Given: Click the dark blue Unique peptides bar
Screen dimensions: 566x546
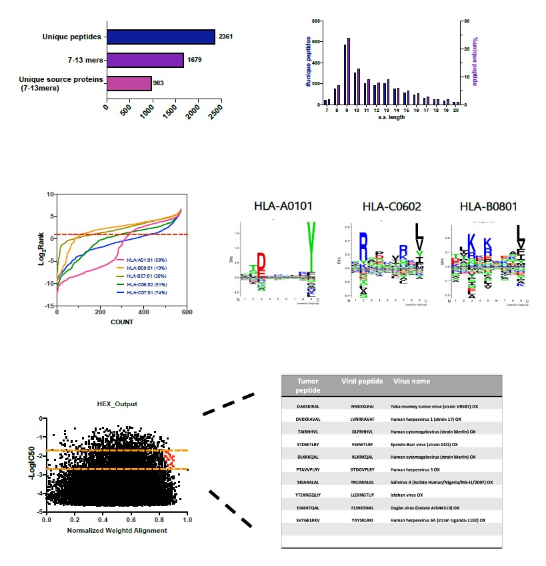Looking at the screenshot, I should click(160, 37).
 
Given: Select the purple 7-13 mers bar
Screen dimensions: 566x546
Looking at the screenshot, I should click(145, 60).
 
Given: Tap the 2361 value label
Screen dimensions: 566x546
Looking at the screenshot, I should click(225, 37).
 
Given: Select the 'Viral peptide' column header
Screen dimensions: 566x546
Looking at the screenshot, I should click(362, 382).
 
